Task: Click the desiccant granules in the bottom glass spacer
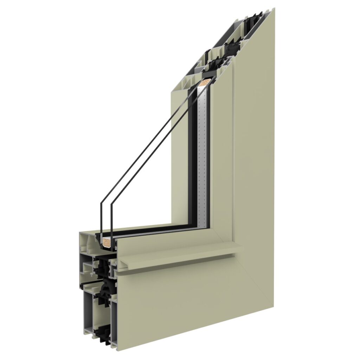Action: (x=108, y=242)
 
